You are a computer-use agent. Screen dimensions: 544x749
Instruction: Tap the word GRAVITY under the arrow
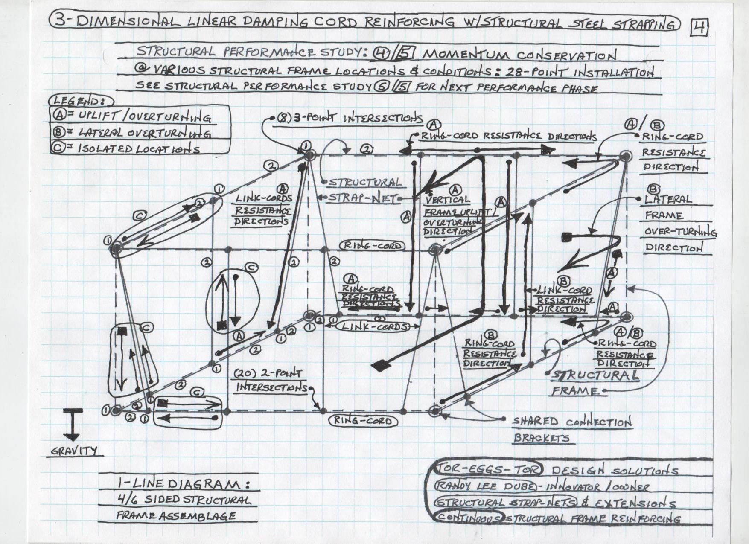click(x=74, y=451)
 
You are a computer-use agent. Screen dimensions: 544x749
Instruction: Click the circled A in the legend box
click(x=58, y=114)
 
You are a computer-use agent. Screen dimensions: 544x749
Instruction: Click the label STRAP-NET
click(x=361, y=198)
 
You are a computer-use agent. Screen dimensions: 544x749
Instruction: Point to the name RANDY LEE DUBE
click(x=485, y=486)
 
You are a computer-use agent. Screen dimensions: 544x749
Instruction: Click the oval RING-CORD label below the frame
click(x=363, y=421)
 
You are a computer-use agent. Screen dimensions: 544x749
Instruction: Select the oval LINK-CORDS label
click(x=374, y=327)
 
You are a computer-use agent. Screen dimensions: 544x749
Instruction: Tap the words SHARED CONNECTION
click(x=572, y=422)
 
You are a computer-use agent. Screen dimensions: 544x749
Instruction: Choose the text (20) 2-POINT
click(x=268, y=373)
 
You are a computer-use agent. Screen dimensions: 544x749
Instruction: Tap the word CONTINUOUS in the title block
click(x=468, y=518)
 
